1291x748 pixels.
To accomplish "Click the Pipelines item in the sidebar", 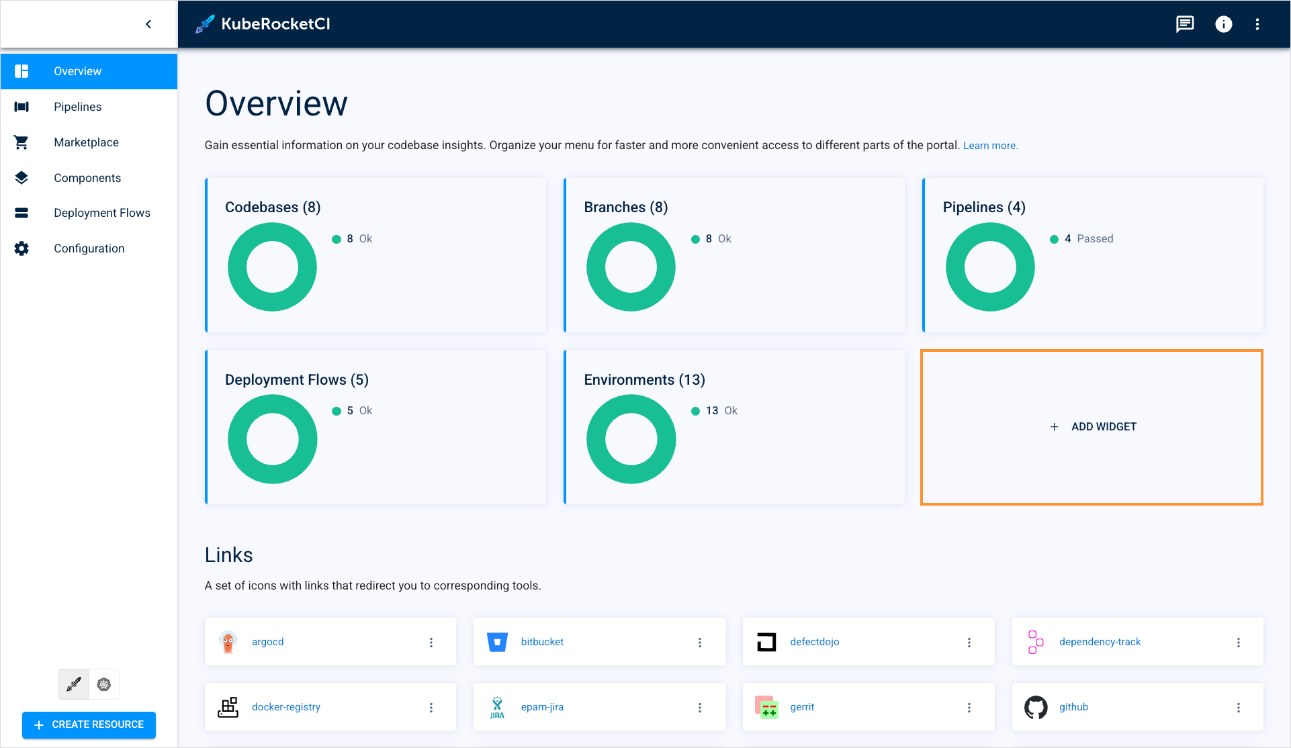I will pos(77,107).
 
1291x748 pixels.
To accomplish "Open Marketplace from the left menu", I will pos(86,142).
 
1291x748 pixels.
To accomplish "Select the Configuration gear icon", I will pos(21,248).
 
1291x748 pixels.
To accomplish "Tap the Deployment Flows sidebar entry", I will pos(101,213).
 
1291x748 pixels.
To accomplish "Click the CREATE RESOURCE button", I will pos(89,724).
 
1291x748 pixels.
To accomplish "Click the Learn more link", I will pos(990,146).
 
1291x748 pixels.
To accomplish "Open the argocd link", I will pos(267,642).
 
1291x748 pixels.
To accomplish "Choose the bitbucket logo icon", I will pos(497,642).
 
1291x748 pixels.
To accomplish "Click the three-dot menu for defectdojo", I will pos(969,643).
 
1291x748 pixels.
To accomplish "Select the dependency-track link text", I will pos(1100,642).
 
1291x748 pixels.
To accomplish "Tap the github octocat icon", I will pos(1035,707).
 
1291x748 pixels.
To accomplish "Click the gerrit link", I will pos(802,707).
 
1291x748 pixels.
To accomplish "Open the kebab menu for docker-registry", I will pos(431,708).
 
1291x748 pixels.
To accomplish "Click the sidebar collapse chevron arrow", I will pos(148,24).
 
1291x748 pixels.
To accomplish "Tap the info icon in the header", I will pos(1223,24).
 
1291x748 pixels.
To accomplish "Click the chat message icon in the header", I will pos(1184,24).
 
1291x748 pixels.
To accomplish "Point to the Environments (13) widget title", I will pos(644,380).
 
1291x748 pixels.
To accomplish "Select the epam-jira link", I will pos(542,707).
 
